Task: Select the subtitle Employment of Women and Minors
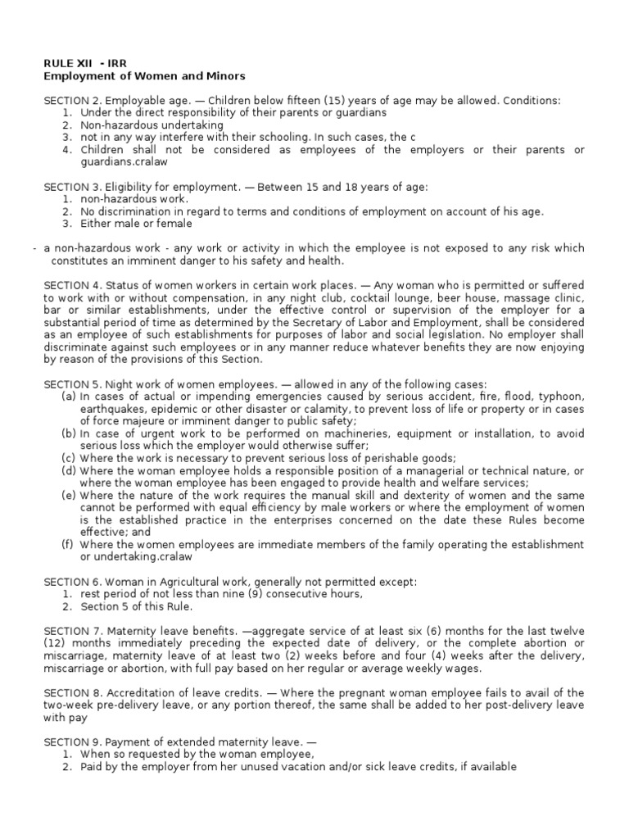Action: pyautogui.click(x=144, y=76)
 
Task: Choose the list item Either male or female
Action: pyautogui.click(x=136, y=223)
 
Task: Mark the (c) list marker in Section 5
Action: pyautogui.click(x=69, y=458)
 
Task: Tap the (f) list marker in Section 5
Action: pyautogui.click(x=68, y=544)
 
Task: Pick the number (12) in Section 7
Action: pyautogui.click(x=54, y=643)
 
